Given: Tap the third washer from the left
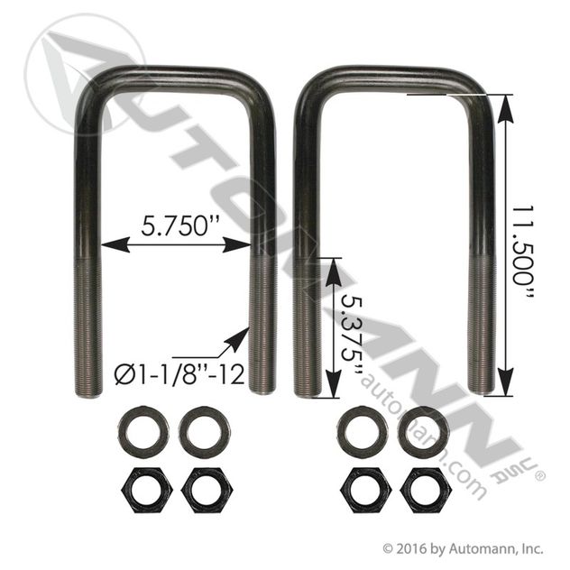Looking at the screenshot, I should click(x=362, y=430).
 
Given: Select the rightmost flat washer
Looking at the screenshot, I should click(x=423, y=431).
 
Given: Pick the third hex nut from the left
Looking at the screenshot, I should click(x=363, y=489).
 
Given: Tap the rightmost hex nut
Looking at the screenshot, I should click(x=425, y=489).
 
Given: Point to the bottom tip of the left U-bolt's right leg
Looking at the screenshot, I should click(x=262, y=390).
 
